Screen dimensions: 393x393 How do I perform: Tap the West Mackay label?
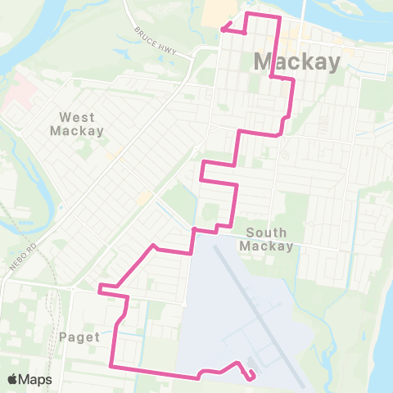pyautogui.click(x=76, y=123)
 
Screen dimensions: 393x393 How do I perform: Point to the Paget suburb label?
pyautogui.click(x=79, y=337)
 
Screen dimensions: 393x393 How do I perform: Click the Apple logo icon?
pyautogui.click(x=13, y=379)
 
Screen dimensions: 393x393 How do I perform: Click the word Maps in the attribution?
pyautogui.click(x=35, y=379)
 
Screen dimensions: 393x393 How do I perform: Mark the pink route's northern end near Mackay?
pyautogui.click(x=222, y=29)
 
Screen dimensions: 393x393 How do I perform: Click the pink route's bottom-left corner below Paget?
pyautogui.click(x=111, y=365)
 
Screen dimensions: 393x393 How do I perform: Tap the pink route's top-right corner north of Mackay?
pyautogui.click(x=280, y=16)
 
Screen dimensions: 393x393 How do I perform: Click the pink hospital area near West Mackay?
pyautogui.click(x=20, y=94)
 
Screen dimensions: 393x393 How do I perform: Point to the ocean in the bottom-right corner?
pyautogui.click(x=381, y=360)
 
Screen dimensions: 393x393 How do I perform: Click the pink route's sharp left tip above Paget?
pyautogui.click(x=99, y=287)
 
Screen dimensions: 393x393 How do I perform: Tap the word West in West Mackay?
pyautogui.click(x=76, y=116)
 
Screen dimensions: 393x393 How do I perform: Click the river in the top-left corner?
pyautogui.click(x=33, y=33)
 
